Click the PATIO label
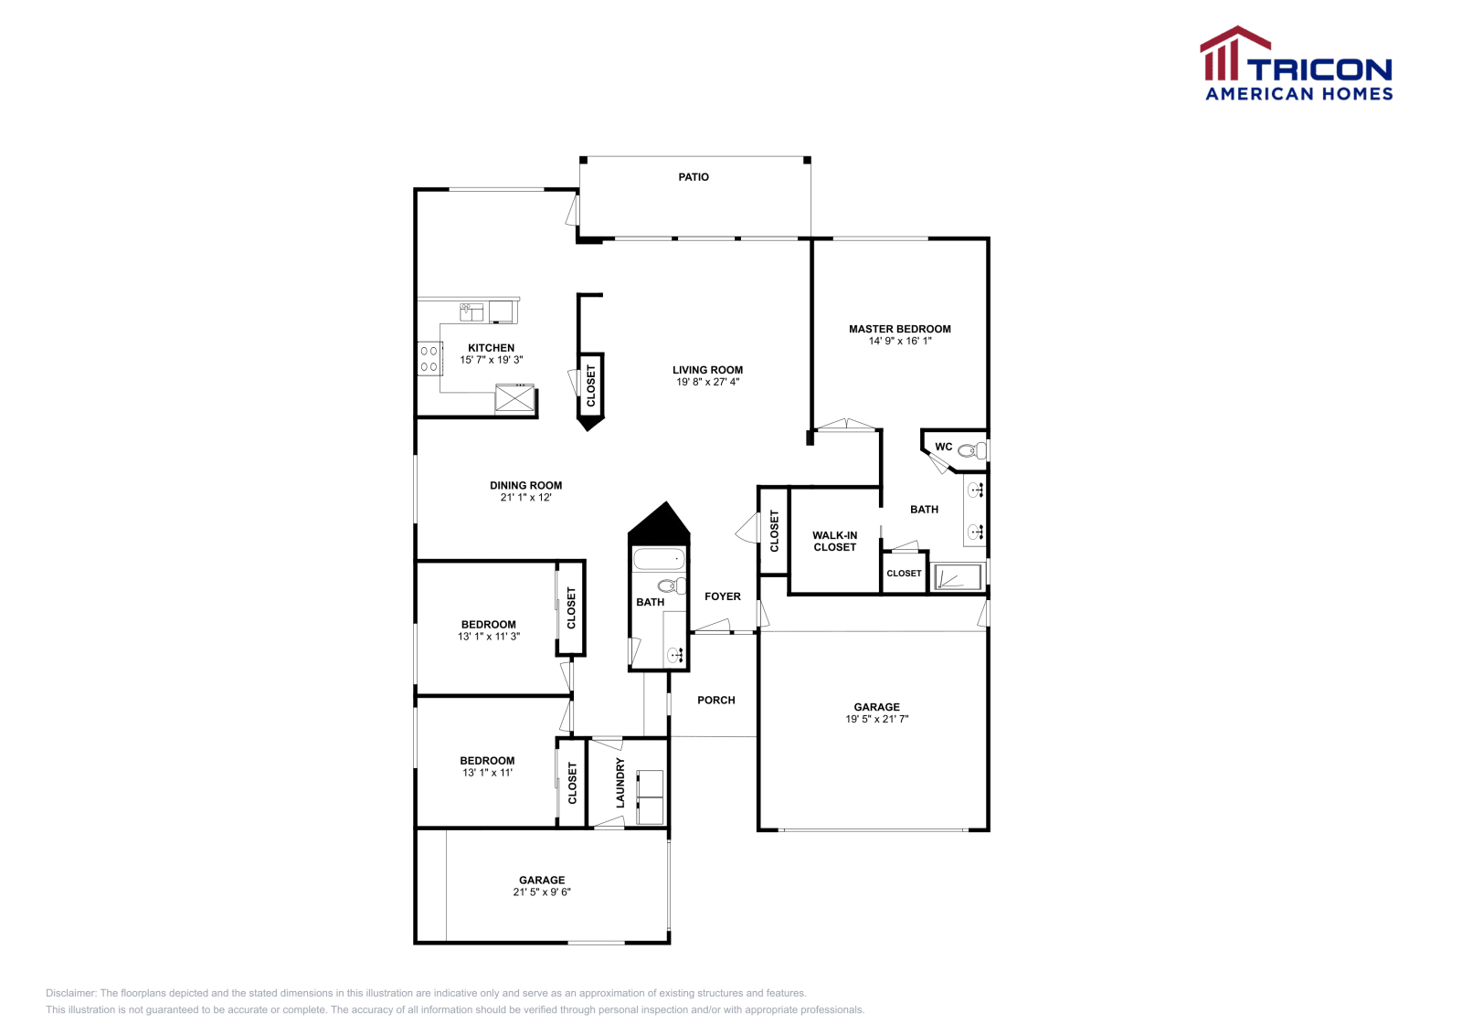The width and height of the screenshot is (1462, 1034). (694, 177)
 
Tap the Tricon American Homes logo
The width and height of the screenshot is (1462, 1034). (1297, 64)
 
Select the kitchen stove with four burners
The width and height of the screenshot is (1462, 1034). (429, 358)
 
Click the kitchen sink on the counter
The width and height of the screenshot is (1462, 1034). (471, 312)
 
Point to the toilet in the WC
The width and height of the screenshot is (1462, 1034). (973, 450)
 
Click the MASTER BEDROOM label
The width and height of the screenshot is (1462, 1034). (899, 329)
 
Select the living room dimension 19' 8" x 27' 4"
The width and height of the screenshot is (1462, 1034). (707, 382)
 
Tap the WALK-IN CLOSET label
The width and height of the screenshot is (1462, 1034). (834, 542)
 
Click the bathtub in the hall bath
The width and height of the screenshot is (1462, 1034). (658, 559)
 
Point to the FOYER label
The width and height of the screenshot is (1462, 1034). (722, 596)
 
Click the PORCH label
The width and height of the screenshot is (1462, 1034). (715, 701)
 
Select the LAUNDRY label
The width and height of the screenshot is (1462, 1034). (620, 782)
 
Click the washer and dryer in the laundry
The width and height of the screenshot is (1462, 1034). (650, 797)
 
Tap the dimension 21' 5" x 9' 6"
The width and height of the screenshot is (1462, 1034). (542, 892)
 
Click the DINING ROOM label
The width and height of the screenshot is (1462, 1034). (525, 486)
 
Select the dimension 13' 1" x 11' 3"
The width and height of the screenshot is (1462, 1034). (489, 637)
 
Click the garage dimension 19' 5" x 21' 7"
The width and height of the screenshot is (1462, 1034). (876, 719)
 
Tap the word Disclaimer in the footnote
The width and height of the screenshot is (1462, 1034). (70, 993)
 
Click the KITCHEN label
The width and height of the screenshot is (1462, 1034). (491, 348)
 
